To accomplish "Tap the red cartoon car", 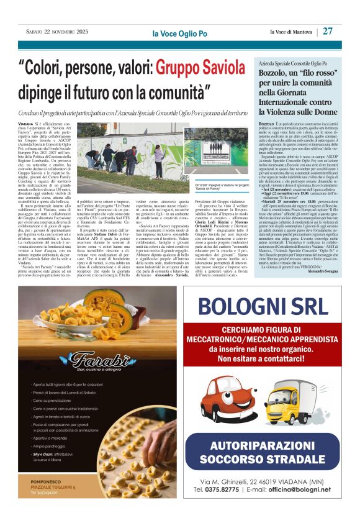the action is (221, 399).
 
